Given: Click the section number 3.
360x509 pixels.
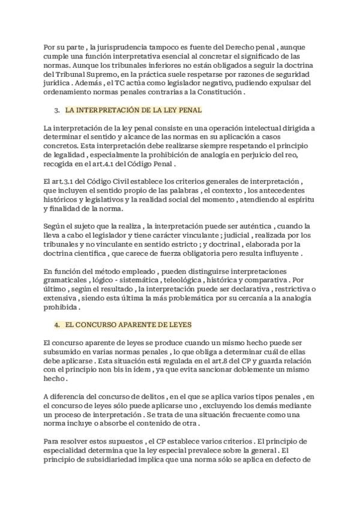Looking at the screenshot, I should coord(56,111).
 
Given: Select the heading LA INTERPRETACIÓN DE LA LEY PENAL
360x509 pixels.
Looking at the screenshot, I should coord(133,111).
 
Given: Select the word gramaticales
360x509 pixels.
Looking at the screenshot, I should coord(65,280).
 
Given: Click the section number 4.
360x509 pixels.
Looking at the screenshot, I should coord(56,325).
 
